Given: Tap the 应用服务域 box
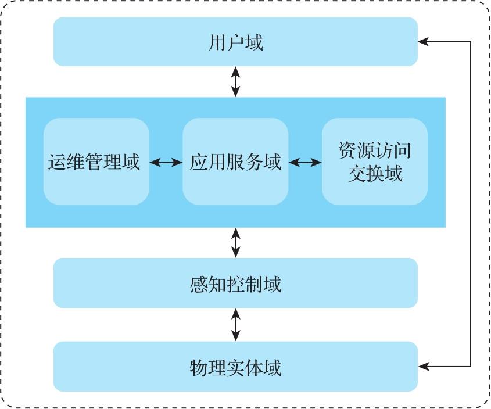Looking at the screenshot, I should click(235, 162).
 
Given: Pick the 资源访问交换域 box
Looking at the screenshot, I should click(375, 162).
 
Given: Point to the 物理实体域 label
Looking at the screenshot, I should click(235, 368).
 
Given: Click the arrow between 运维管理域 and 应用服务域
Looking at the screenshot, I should click(166, 163).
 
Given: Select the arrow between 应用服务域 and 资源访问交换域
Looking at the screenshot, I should click(305, 163).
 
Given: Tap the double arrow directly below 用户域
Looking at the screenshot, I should click(235, 81).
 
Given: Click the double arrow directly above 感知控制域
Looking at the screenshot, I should click(235, 243).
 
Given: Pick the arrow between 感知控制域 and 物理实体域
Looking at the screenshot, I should click(235, 325).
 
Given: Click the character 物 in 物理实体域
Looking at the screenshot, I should click(198, 368).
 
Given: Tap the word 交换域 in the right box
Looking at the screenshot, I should click(375, 174).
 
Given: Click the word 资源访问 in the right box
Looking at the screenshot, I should click(375, 150).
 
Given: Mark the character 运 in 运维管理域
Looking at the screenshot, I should click(57, 162).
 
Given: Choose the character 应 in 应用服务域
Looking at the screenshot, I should click(198, 162).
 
